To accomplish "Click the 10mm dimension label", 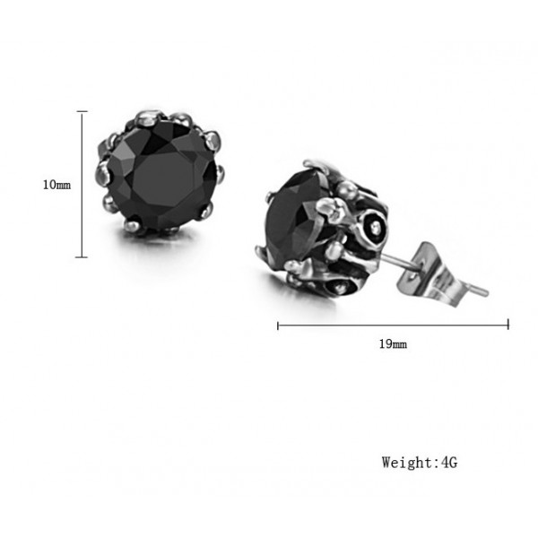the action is coord(56,185).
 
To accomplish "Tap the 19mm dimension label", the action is coord(393,343).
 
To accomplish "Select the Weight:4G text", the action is coord(420,462).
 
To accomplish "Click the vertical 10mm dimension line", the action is coord(82,184).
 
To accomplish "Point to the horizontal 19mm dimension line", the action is coord(393,325).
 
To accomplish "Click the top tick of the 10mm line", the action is coord(82,111).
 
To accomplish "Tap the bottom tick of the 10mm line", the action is coord(82,257).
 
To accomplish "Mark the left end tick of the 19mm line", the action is coord(278,325).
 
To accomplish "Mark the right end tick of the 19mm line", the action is coord(508,325).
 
